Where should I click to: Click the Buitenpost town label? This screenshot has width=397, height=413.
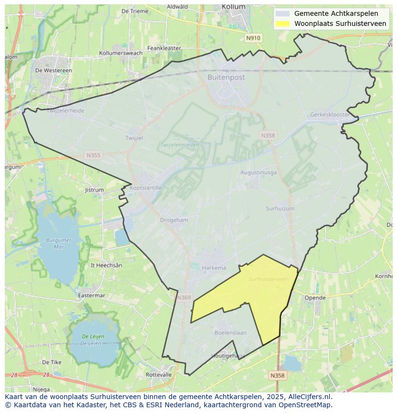226,77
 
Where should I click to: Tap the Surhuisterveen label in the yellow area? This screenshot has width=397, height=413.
269,279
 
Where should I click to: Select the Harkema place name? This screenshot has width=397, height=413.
214,268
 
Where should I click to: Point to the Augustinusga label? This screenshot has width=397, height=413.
258,172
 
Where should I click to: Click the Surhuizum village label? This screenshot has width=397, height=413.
280,209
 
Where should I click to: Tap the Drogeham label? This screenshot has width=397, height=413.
174,220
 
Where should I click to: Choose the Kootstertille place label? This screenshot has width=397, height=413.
146,188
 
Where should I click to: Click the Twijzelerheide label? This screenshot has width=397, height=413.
66,111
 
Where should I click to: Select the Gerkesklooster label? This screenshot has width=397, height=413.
330,115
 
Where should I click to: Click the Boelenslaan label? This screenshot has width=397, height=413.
230,332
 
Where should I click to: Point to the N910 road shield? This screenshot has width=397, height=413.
253,38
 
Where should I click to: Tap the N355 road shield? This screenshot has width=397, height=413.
93,155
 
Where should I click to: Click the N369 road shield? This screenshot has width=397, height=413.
184,297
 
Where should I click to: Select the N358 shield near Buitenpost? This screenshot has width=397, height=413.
268,136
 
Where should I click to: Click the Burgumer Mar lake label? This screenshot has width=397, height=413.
59,243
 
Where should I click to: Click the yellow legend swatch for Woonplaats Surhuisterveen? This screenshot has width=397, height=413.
283,24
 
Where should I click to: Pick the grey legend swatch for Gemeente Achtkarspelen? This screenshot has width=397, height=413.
283,13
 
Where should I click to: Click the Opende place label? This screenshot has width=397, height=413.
315,298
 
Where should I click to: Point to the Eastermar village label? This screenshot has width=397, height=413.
91,295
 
